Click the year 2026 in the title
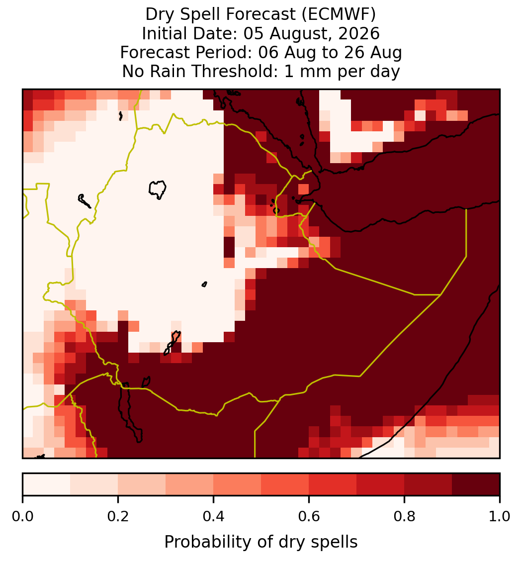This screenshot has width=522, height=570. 359,33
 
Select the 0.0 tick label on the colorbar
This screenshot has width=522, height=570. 22,516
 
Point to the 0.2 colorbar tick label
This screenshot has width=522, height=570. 118,516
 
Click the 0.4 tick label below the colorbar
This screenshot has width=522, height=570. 214,516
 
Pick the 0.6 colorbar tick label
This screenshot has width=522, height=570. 309,516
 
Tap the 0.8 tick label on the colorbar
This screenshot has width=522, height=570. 405,516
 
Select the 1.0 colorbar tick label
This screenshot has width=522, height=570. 500,516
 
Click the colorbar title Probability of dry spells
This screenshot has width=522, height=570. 261,542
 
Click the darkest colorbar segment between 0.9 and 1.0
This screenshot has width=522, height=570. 476,484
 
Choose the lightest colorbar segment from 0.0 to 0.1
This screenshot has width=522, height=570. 47,484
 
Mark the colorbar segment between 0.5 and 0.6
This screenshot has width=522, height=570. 285,484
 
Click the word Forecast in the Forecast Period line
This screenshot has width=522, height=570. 150,52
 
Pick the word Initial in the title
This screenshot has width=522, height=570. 165,33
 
